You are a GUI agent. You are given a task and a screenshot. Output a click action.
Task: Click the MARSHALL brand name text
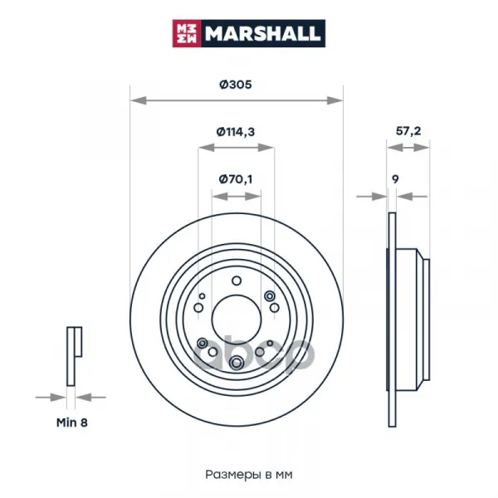262,33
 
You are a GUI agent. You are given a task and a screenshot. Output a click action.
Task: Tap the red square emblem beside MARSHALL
187,33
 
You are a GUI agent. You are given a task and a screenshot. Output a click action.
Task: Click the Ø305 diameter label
236,85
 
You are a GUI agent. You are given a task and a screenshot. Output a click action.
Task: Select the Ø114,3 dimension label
236,131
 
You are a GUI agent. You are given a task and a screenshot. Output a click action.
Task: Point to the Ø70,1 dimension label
236,179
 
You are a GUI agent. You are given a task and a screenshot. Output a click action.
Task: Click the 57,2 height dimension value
408,131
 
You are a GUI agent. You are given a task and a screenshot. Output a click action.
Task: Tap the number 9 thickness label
395,179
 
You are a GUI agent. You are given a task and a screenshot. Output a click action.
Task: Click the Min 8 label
71,422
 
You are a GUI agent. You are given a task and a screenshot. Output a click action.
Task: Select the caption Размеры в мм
249,475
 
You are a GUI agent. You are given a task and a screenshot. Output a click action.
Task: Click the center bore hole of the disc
237,320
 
